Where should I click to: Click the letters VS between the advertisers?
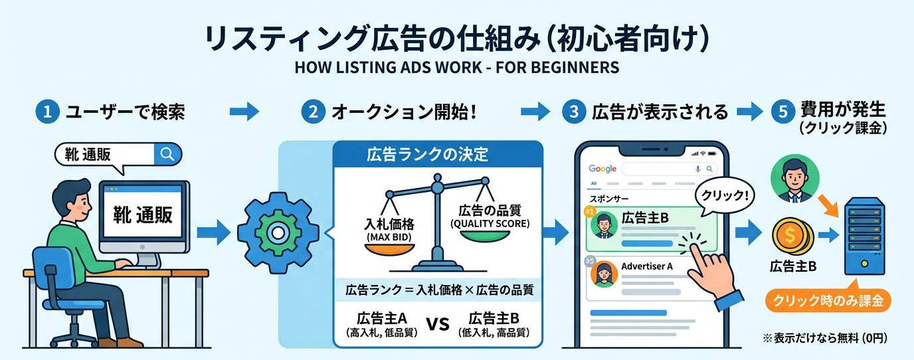point(436,325)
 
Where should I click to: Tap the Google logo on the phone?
point(602,169)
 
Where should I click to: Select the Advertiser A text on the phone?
point(647,266)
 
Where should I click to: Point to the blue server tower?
point(863,239)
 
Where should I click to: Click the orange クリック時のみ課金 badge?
point(827,301)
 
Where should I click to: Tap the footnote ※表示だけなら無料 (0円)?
point(825,339)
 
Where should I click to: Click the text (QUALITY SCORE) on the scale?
point(490,224)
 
